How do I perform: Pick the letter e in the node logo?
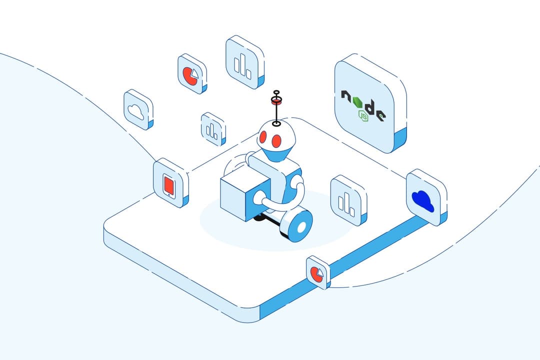(x=381, y=115)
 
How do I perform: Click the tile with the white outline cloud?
(x=138, y=110)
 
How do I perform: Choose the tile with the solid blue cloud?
(x=425, y=198)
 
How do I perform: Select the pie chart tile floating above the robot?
(x=191, y=74)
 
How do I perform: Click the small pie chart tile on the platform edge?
(x=317, y=272)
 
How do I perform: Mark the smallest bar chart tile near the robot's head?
(x=213, y=128)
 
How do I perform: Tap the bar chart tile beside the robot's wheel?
(x=348, y=200)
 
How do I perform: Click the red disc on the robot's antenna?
(x=275, y=102)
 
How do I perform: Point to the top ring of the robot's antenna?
(x=275, y=93)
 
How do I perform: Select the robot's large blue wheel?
(x=299, y=225)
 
